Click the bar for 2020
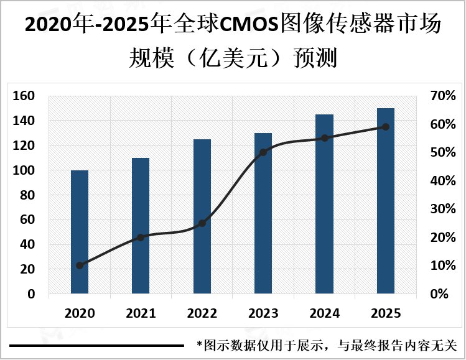[x=80, y=231]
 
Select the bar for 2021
[x=141, y=225]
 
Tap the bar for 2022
[x=202, y=216]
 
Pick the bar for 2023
[x=263, y=213]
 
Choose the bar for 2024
[x=324, y=203]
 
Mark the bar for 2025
[x=386, y=200]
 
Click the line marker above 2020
[x=80, y=265]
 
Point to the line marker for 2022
[x=202, y=223]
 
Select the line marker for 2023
[x=263, y=152]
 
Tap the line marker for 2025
[x=386, y=127]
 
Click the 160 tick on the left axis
[x=23, y=96]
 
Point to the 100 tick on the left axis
[x=23, y=170]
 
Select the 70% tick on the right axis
[x=442, y=96]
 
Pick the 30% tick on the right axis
[x=442, y=209]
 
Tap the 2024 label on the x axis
[x=324, y=313]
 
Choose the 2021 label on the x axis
[x=141, y=313]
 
